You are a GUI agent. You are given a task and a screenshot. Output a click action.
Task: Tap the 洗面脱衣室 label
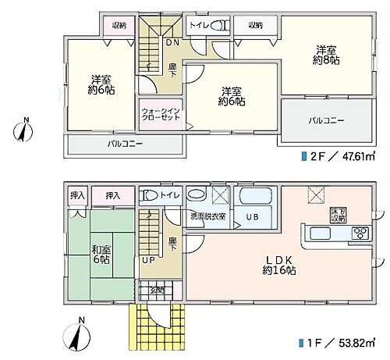[x=208, y=216]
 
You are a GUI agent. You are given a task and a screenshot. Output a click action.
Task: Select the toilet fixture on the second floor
[x=222, y=26]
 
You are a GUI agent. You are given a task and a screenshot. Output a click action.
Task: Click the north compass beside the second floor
[x=27, y=130]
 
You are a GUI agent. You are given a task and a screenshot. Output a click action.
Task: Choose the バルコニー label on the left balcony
[x=125, y=144]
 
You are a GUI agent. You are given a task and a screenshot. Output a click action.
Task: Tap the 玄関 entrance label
[x=157, y=290]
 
